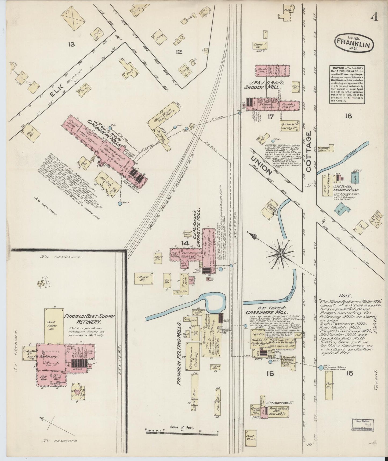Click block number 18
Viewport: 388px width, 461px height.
coord(349,116)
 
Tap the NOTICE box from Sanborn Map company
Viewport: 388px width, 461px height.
coord(347,84)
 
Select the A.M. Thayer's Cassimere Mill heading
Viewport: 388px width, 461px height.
coord(267,310)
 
